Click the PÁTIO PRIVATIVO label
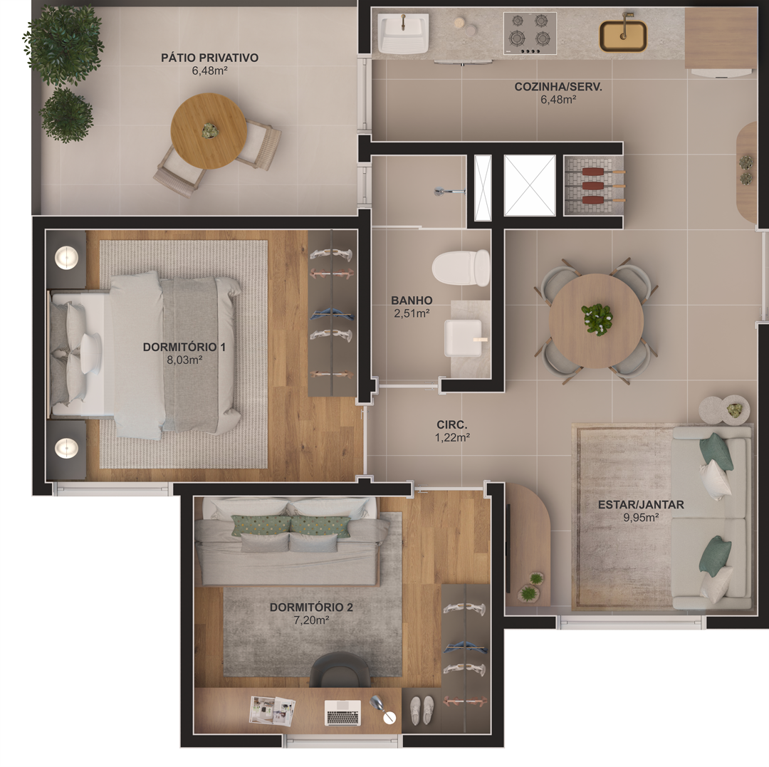coord(209,58)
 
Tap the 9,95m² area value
coord(641,517)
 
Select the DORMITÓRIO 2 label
coord(311,607)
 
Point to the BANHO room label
coord(412,300)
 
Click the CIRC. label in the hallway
coord(451,424)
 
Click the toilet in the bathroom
coord(461,268)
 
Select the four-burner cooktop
coord(530,33)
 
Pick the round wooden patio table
coord(209,131)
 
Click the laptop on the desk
coord(342,713)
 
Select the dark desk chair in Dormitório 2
coord(340,669)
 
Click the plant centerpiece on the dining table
coord(597,319)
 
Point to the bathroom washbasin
coord(463,338)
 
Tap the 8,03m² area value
coord(184,360)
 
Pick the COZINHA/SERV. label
coord(558,87)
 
